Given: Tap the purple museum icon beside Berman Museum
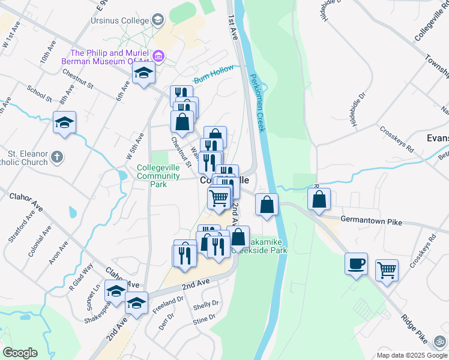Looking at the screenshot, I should (158, 57).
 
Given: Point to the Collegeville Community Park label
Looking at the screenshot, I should (158, 176).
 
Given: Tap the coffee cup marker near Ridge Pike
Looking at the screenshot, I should (356, 263).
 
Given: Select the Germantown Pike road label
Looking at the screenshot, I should (371, 221).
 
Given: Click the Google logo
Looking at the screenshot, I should (20, 353).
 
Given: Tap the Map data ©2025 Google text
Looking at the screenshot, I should (412, 355).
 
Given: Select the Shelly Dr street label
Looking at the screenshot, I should (206, 305).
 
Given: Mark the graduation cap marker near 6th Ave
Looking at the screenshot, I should (143, 74).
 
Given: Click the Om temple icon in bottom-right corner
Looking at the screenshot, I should (440, 340).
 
